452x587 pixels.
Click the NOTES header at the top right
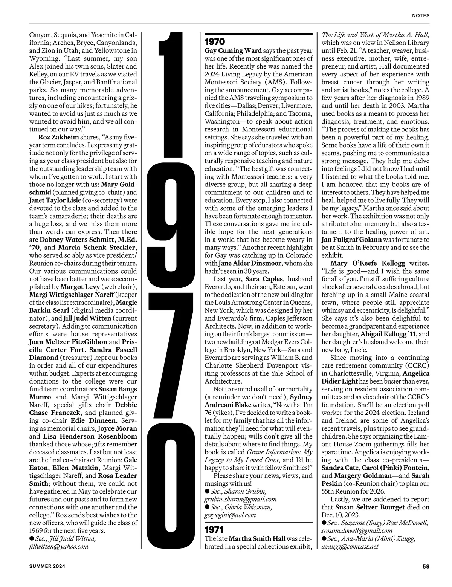(x=421, y=15)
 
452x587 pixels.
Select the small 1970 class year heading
(x=215, y=41)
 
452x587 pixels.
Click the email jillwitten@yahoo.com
(x=59, y=547)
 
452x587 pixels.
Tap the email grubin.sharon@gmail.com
(x=240, y=499)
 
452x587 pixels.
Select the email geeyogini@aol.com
(x=230, y=515)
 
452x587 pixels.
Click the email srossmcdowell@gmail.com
(x=357, y=530)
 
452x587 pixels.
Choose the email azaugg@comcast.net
(x=350, y=546)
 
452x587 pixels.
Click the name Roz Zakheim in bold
(x=58, y=137)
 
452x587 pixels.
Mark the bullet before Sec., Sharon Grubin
(x=207, y=491)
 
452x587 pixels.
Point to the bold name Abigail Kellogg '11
(x=389, y=334)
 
